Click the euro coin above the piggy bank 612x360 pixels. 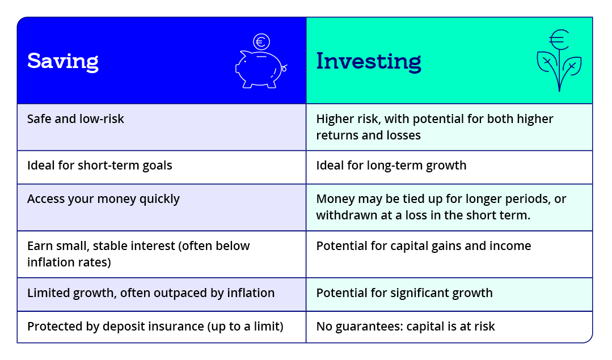[261, 41]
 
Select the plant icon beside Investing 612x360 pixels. [559, 61]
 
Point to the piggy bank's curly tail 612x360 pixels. [284, 68]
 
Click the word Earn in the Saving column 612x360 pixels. [40, 246]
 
